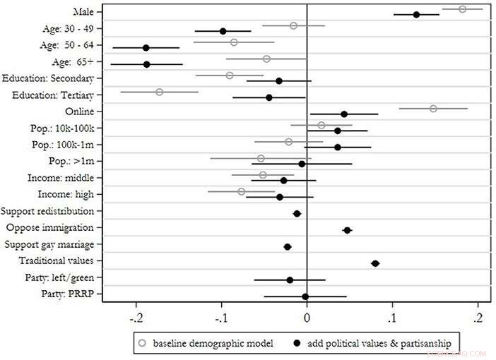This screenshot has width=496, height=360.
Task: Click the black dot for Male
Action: click(416, 14)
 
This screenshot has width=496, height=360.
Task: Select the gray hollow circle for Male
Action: click(462, 9)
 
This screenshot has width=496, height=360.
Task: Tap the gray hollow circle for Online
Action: click(433, 109)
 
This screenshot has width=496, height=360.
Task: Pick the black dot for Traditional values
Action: click(375, 263)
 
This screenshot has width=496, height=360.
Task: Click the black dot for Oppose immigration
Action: click(347, 230)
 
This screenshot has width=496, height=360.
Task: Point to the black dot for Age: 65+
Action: click(146, 64)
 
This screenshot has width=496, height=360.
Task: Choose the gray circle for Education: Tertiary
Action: click(159, 92)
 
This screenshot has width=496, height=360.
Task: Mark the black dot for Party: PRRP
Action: click(305, 296)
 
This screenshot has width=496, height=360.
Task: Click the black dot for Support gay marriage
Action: click(288, 247)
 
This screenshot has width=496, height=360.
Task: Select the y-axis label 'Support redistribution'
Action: click(52, 211)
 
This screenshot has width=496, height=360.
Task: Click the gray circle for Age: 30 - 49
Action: click(293, 26)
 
